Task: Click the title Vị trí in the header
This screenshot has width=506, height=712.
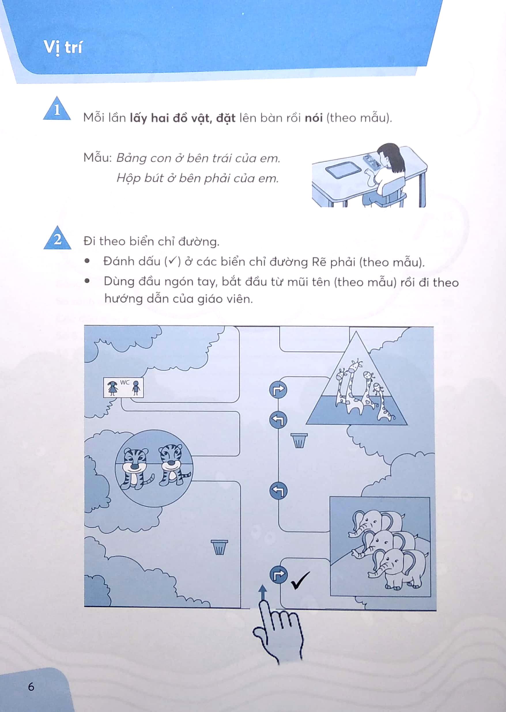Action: coord(63,48)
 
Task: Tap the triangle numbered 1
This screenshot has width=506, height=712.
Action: coord(57,109)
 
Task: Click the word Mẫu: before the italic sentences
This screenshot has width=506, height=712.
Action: coord(97,158)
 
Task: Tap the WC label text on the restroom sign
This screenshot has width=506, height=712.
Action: coord(125,382)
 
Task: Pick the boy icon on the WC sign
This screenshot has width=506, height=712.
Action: coord(136,388)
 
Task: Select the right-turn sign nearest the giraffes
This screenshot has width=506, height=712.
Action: coord(278,389)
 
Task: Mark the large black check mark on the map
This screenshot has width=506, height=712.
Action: coord(300,580)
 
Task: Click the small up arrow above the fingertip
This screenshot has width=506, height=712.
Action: coord(263,591)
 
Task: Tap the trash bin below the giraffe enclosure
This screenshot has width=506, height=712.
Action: coord(299,440)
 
